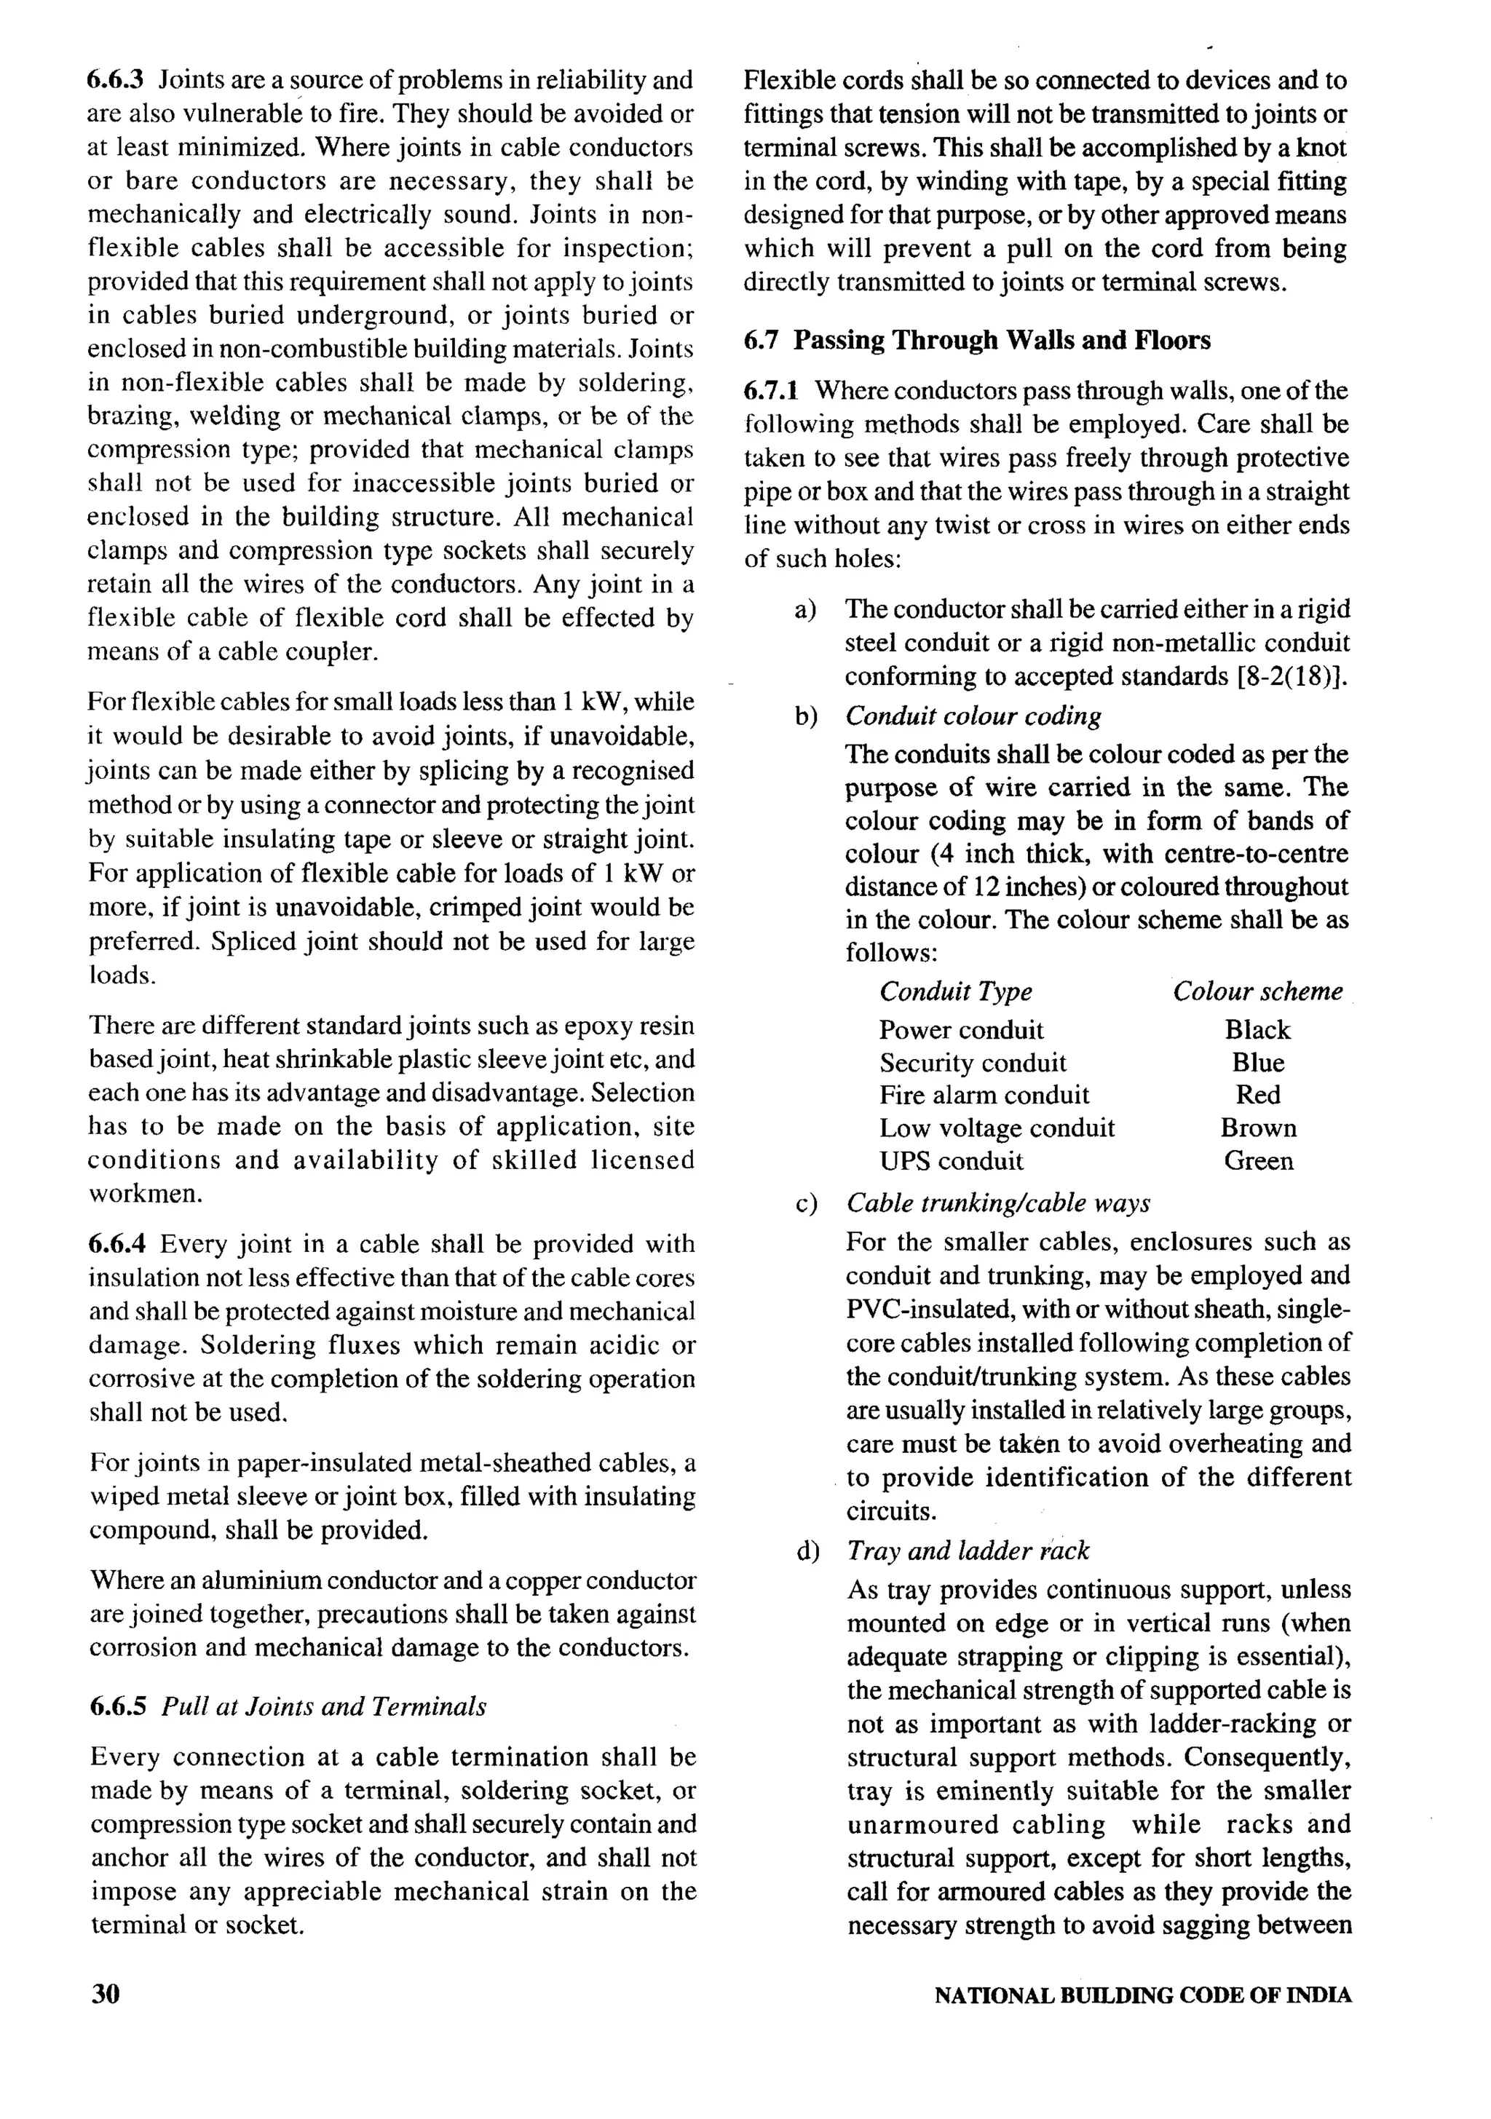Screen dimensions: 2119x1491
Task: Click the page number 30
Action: point(106,1995)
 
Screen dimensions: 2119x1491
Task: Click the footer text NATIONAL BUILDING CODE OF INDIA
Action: point(1143,1995)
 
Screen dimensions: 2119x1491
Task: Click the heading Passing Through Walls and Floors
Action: point(1002,341)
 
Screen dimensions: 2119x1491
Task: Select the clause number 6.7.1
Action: point(771,392)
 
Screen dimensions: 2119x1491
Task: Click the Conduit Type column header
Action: point(955,991)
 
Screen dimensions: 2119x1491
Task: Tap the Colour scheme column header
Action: point(1257,991)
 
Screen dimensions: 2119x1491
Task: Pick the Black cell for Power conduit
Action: point(1257,1029)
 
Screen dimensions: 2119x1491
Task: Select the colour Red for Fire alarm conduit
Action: point(1257,1095)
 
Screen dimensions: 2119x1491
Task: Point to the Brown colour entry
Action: point(1257,1128)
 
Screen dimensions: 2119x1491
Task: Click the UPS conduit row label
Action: point(951,1160)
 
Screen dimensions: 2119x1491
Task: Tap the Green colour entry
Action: point(1257,1160)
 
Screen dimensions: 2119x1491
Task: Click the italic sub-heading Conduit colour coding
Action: point(973,716)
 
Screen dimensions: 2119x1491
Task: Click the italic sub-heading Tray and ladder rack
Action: point(968,1550)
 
